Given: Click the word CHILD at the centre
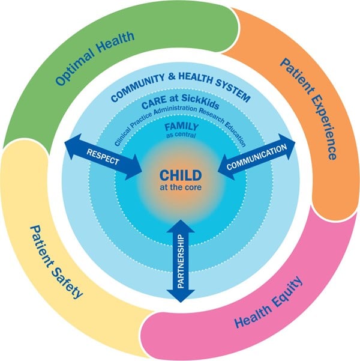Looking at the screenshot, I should [180, 175].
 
